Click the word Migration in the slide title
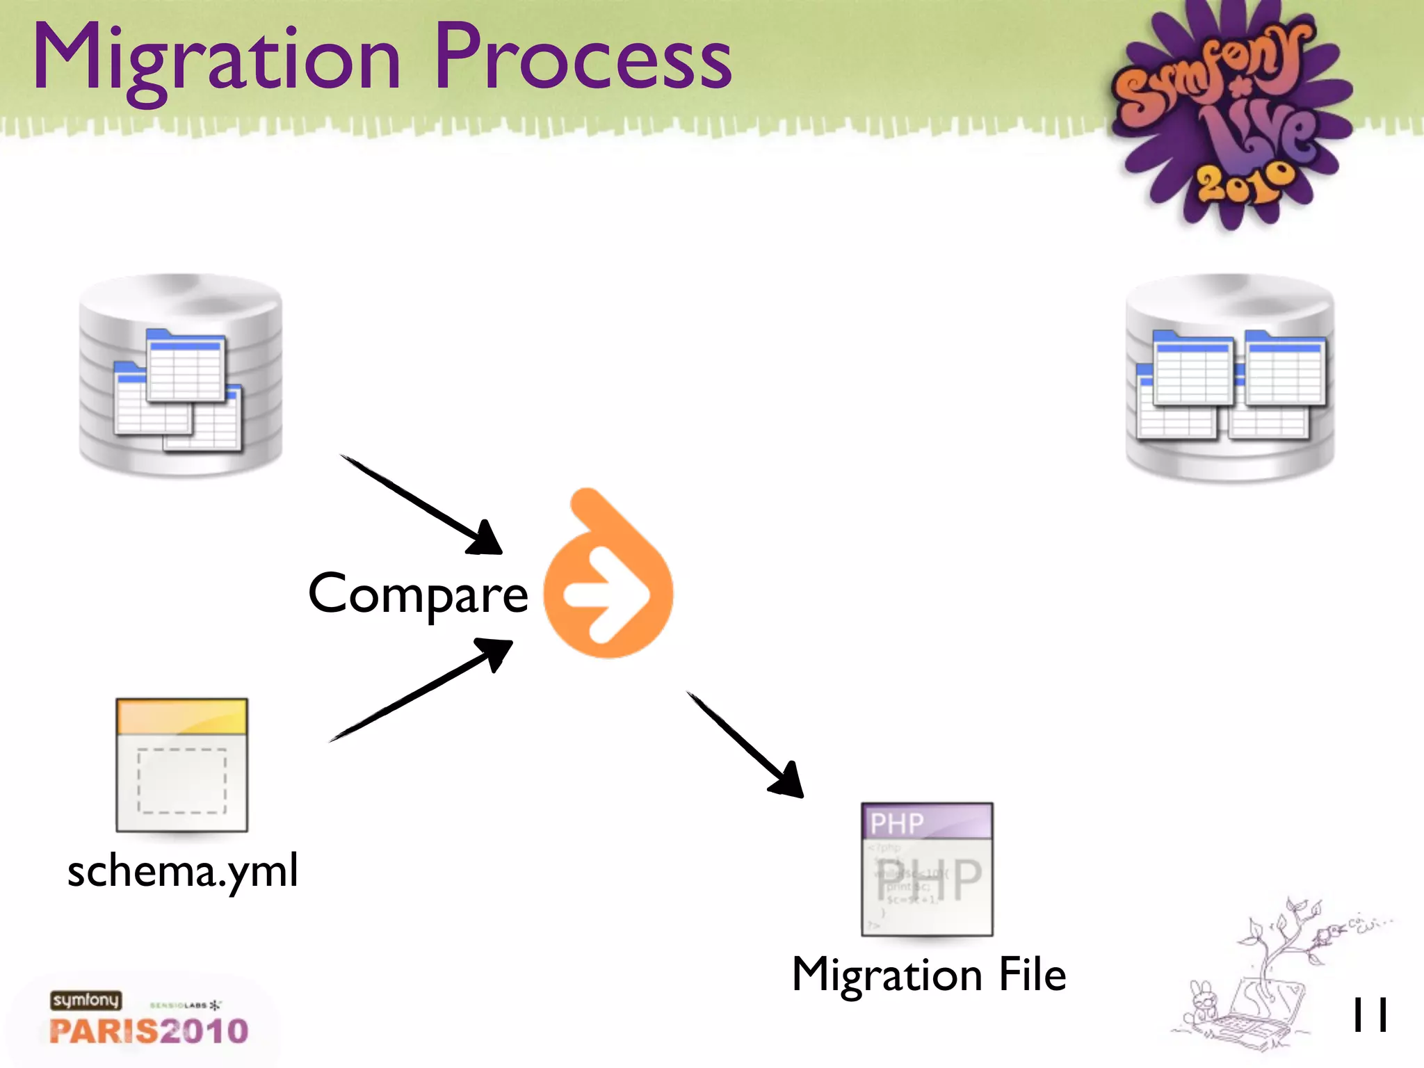tap(216, 59)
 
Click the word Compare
tap(418, 594)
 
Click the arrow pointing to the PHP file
tap(745, 744)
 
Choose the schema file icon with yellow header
tap(181, 765)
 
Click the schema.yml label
tap(182, 871)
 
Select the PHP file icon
tap(927, 869)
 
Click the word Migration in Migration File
tap(887, 975)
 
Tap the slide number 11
tap(1369, 1014)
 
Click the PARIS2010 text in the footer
tap(149, 1031)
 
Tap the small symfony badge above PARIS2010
tap(86, 1000)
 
